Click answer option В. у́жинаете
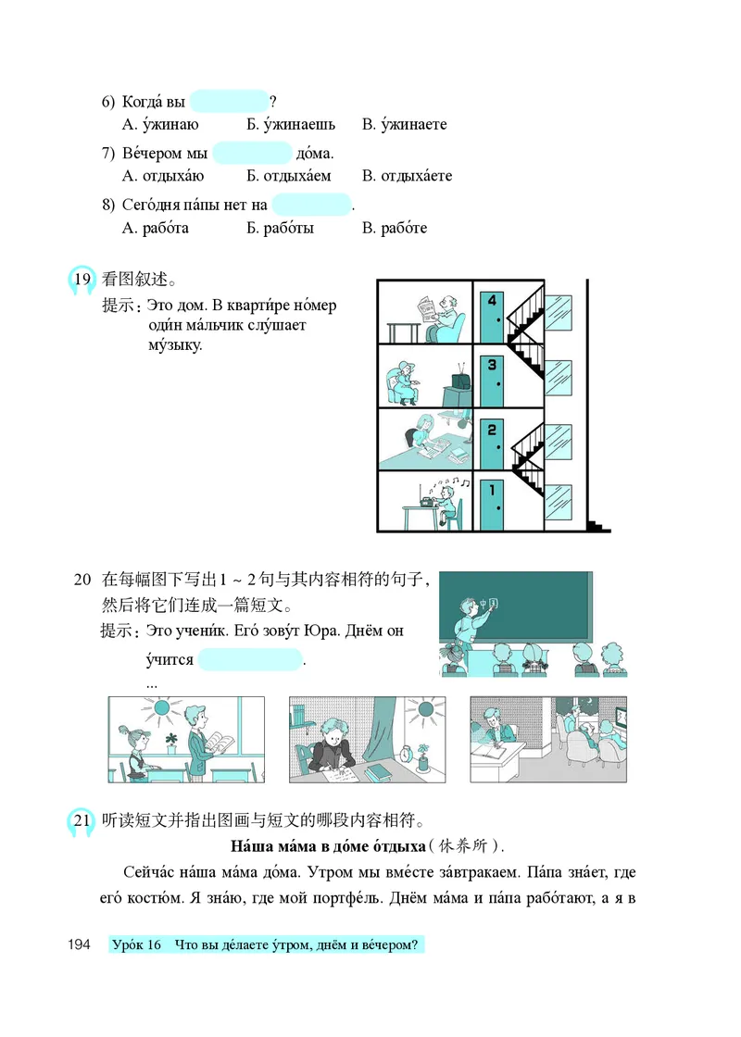pos(404,124)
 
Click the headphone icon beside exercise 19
pos(82,281)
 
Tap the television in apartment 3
pos(458,383)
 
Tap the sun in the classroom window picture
pos(163,708)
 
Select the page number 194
pos(79,944)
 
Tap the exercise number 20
pos(82,581)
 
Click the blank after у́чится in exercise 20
pos(250,660)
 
